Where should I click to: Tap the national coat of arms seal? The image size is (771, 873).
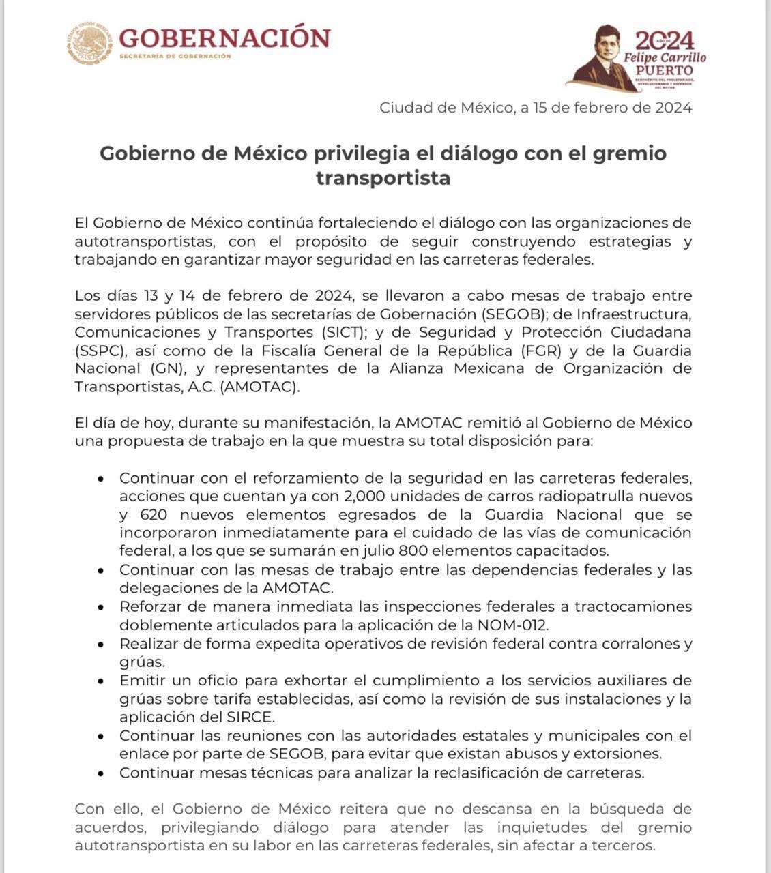click(89, 44)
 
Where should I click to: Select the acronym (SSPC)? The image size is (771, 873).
click(101, 351)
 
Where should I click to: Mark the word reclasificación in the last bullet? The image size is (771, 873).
click(500, 773)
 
